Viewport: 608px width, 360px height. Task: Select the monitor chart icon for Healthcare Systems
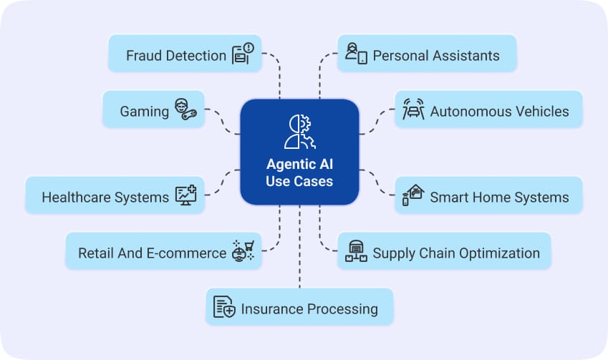point(186,195)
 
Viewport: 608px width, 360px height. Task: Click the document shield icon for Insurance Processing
point(224,307)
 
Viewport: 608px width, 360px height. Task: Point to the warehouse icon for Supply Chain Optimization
point(356,251)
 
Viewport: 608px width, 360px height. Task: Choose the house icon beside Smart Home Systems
point(413,195)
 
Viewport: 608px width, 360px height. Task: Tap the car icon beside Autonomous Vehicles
point(414,110)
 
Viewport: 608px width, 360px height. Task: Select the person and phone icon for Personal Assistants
point(356,54)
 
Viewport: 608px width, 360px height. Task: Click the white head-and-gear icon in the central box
point(299,131)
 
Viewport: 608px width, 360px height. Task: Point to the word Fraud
point(143,55)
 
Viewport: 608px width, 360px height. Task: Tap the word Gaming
point(144,112)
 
